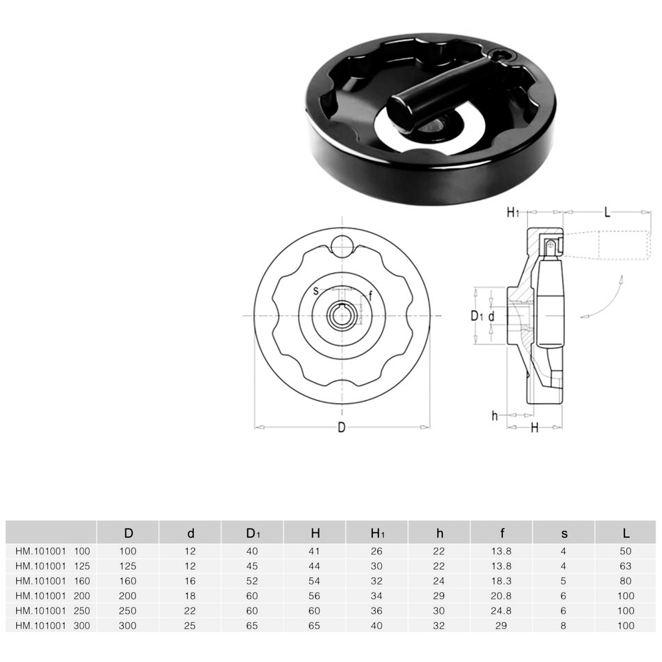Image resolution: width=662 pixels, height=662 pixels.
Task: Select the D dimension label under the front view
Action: click(341, 428)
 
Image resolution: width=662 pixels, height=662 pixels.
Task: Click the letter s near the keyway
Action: click(316, 291)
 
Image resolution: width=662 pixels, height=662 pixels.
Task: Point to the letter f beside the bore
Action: click(371, 296)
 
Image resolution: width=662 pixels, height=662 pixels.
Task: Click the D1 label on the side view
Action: click(476, 316)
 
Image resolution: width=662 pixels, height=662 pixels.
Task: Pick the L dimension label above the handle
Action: click(607, 212)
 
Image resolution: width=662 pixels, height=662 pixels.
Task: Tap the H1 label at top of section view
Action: click(512, 212)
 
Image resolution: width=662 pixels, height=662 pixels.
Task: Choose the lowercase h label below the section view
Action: click(494, 416)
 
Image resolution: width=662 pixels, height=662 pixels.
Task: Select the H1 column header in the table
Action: click(377, 534)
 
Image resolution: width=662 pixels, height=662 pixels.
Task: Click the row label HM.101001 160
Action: click(53, 581)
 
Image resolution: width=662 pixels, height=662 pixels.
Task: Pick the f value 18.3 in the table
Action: click(501, 581)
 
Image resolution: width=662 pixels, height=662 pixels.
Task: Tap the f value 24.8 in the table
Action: click(501, 610)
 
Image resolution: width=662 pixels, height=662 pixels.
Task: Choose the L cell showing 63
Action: click(625, 566)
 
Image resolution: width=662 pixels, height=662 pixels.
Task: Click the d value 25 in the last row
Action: click(190, 626)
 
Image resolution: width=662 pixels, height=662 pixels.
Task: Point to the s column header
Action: click(564, 534)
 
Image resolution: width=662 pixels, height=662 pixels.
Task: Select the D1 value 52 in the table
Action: click(252, 581)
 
